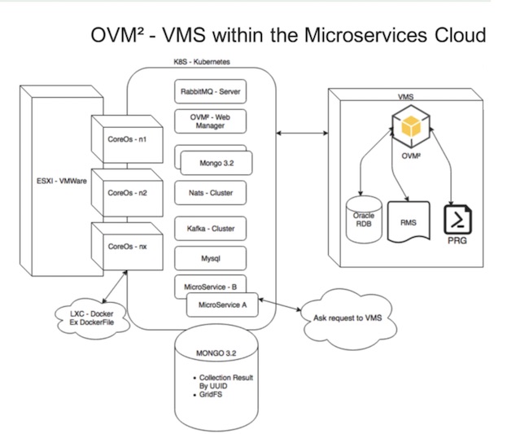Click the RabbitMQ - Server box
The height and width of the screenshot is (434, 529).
point(211,92)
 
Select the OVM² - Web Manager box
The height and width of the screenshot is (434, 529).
point(211,121)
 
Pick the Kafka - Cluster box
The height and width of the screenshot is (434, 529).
point(211,229)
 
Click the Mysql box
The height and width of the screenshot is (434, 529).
point(211,258)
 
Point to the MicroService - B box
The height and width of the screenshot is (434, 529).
point(210,286)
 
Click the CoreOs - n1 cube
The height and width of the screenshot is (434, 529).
point(126,139)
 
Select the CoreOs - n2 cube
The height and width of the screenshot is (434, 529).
point(126,194)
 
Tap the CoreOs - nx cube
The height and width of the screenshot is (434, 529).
point(126,245)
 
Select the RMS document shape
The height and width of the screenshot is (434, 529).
point(409,221)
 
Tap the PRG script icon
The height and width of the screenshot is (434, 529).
point(457,221)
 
